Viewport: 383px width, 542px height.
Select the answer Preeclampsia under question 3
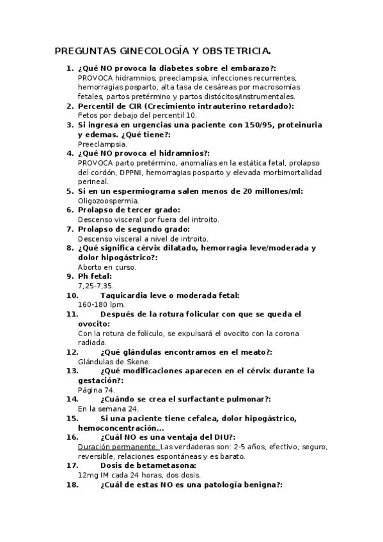tap(98, 144)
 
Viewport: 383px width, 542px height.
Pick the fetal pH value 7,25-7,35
tap(95, 286)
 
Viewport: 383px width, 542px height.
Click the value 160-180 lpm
tap(101, 304)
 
